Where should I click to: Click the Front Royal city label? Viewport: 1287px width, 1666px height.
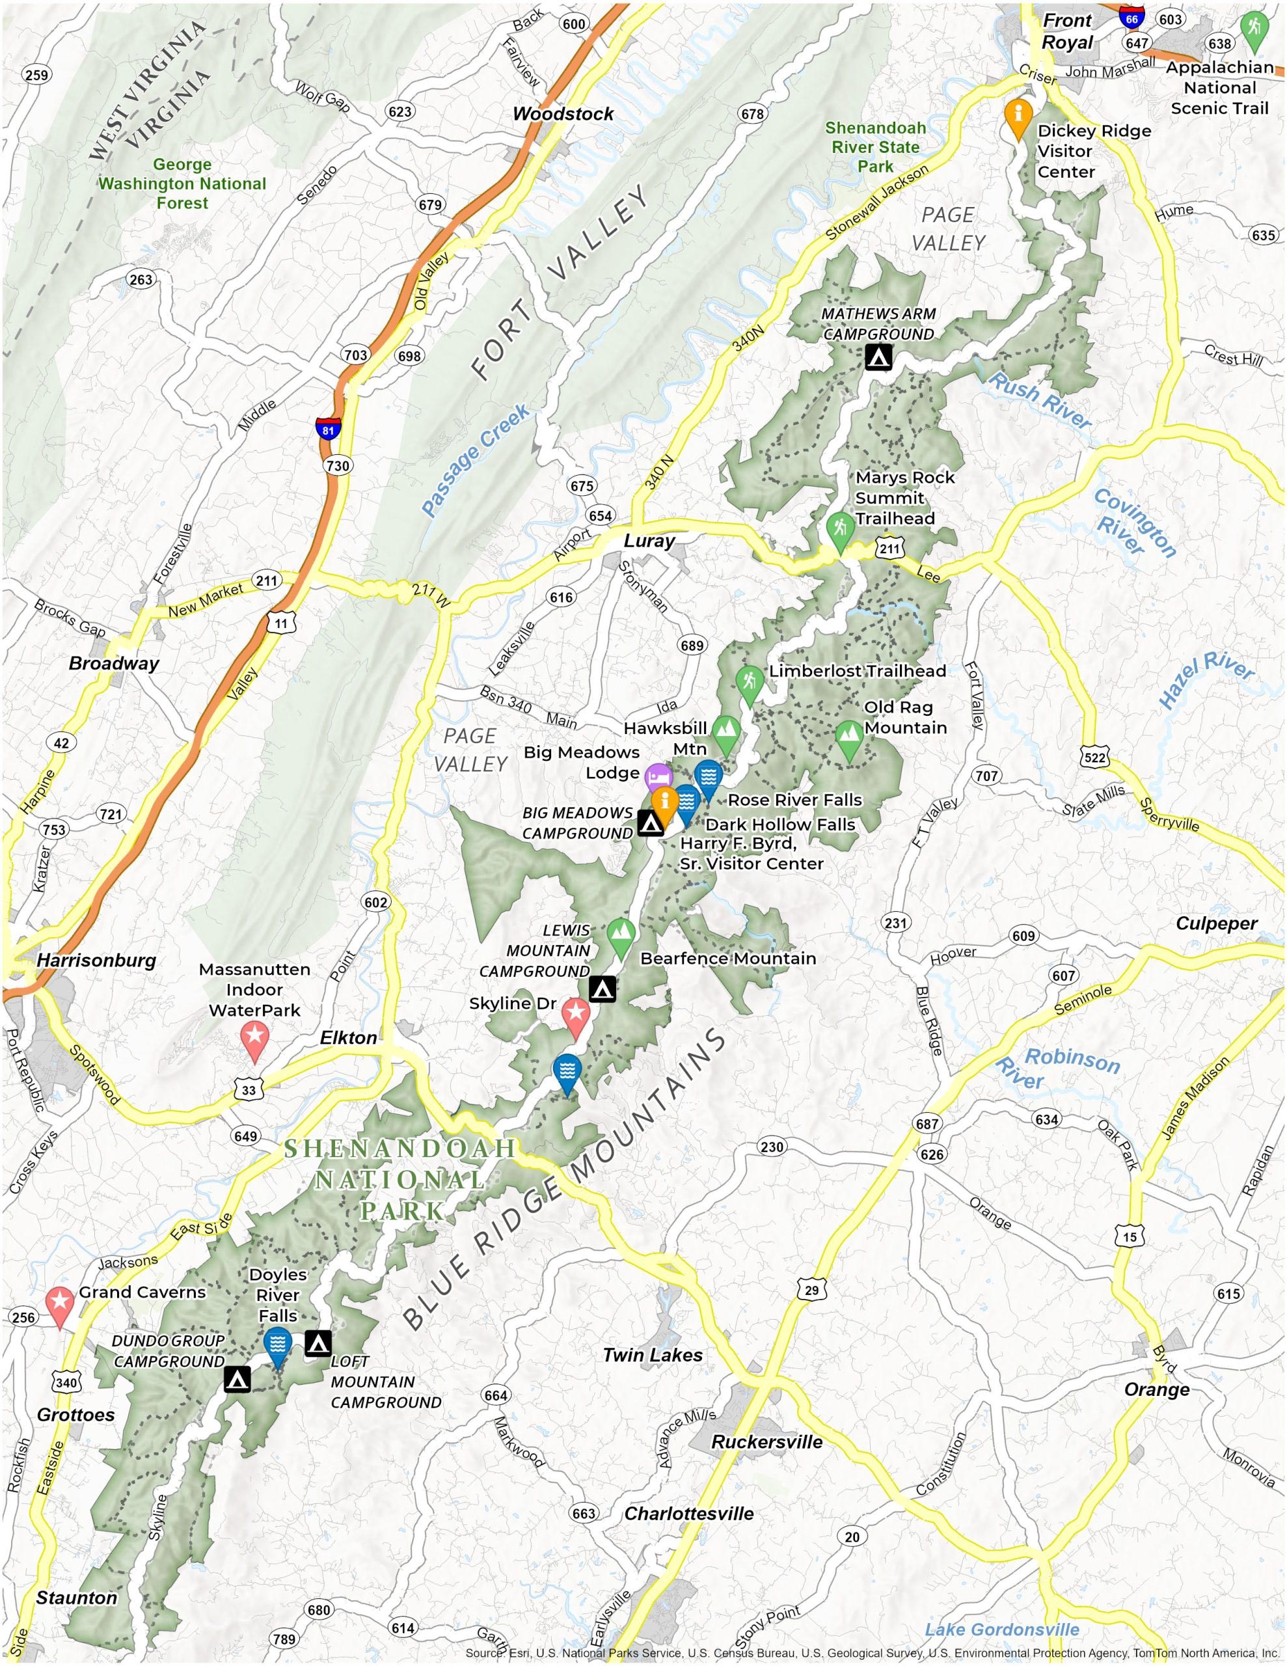[x=1067, y=31]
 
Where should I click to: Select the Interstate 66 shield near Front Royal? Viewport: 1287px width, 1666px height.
[x=1132, y=15]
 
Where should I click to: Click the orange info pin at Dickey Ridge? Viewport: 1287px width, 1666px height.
[x=1018, y=116]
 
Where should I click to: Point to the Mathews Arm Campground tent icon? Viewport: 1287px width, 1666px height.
[x=878, y=356]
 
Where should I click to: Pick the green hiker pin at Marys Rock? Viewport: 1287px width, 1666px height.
[x=840, y=528]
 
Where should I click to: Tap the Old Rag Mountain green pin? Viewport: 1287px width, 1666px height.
[x=849, y=737]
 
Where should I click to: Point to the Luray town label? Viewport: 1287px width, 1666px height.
[x=649, y=541]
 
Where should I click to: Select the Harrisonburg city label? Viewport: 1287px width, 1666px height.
[x=96, y=961]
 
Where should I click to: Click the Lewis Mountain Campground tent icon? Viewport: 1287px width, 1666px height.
[x=603, y=989]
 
